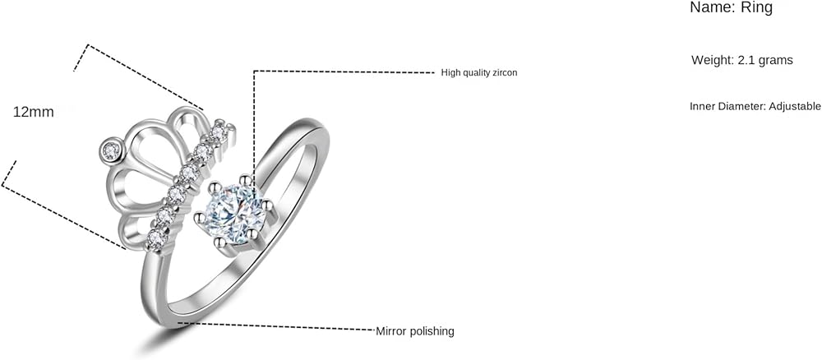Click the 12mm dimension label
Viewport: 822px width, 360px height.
[x=34, y=112]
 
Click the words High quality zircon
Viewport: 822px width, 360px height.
[x=479, y=73]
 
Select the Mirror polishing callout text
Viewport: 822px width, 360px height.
[x=415, y=331]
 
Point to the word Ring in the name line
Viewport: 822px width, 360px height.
[x=756, y=7]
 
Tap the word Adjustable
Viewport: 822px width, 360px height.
[x=794, y=106]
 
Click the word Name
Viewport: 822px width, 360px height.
[x=706, y=7]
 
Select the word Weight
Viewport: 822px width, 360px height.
[x=712, y=60]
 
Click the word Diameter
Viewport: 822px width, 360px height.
[x=742, y=106]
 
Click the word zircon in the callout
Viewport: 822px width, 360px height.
[x=503, y=73]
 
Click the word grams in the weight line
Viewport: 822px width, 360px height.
[x=776, y=60]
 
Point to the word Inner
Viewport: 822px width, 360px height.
[x=704, y=106]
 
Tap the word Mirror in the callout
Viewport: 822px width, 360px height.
[x=391, y=331]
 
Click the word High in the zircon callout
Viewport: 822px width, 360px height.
[x=450, y=73]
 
